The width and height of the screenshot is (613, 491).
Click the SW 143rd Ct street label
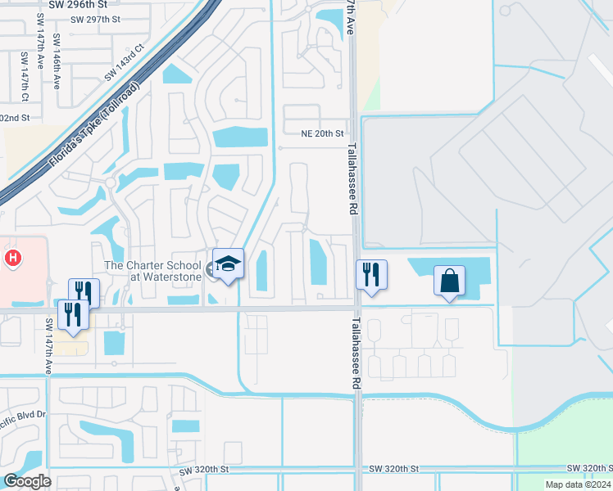pyautogui.click(x=123, y=62)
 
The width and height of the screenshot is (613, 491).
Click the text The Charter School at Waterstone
pyautogui.click(x=152, y=271)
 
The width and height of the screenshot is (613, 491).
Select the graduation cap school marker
pyautogui.click(x=229, y=264)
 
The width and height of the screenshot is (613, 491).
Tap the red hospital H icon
pyautogui.click(x=12, y=259)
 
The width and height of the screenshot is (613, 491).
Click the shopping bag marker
pyautogui.click(x=449, y=281)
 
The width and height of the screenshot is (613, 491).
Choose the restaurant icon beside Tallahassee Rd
pyautogui.click(x=371, y=274)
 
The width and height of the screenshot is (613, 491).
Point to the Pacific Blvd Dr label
pyautogui.click(x=22, y=415)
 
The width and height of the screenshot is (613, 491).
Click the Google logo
pyautogui.click(x=27, y=480)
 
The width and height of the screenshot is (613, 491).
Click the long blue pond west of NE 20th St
pyautogui.click(x=239, y=137)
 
